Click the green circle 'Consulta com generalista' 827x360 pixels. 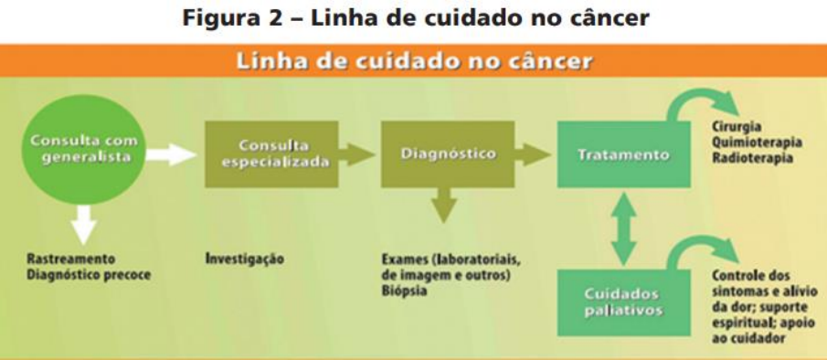83,150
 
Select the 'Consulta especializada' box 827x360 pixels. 271,154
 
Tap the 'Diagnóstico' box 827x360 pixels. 448,154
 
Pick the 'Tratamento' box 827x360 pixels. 624,154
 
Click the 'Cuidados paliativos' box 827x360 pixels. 624,302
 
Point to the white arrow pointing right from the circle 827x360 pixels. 171,155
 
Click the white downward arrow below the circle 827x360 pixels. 83,225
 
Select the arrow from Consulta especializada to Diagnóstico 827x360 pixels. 356,154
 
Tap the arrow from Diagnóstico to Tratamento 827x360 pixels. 533,154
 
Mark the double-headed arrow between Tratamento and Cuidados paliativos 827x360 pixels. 624,228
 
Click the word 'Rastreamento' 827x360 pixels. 70,259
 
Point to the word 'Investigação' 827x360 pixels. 244,259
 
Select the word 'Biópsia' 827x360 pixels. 404,291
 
